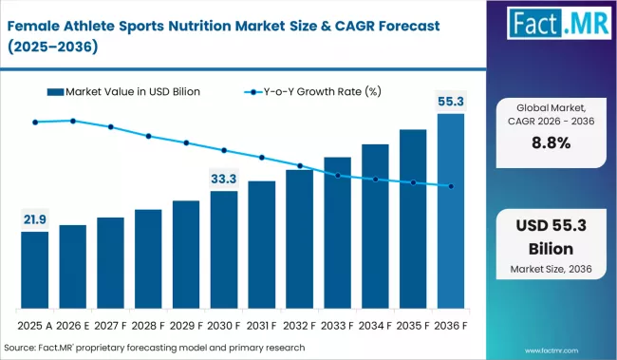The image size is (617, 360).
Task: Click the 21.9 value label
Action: (35, 219)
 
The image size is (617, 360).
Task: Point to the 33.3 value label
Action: (224, 179)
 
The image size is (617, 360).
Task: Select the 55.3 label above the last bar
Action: (451, 100)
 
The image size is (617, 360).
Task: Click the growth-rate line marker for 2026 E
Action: (73, 121)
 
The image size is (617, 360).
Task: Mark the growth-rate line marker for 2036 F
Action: (451, 186)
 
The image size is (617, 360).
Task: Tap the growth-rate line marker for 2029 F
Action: (186, 142)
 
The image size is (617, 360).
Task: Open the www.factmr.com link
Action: (576, 348)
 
